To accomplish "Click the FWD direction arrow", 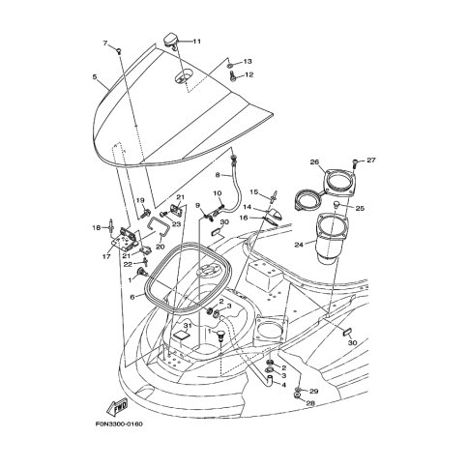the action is [117, 406].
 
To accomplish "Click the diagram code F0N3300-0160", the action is [119, 424].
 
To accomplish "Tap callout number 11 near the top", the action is [197, 42].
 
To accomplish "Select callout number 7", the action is [104, 43].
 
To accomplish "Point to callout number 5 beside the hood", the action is [95, 76].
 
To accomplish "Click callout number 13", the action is [248, 61].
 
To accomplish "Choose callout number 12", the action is [249, 74].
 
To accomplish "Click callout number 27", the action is [371, 160].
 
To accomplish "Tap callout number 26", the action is [314, 161].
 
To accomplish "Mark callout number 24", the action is [299, 245].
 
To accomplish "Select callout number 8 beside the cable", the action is [218, 175].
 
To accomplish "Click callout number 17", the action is [106, 256].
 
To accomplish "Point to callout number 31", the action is [188, 326].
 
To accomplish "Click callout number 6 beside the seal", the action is [132, 297].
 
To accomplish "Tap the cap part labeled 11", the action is [171, 41].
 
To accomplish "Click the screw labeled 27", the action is [355, 162].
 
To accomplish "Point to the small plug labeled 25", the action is [336, 204].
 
